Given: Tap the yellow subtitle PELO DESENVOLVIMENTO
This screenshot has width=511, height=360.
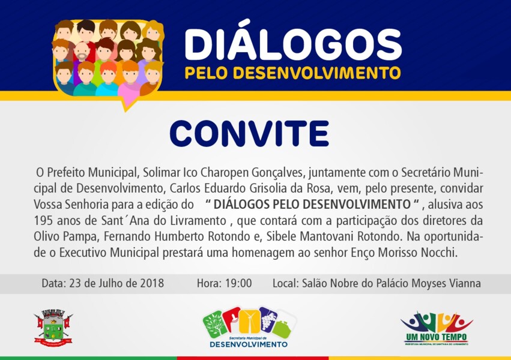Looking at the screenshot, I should click(x=292, y=73).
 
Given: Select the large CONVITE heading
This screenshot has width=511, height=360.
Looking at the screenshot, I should click(x=249, y=134).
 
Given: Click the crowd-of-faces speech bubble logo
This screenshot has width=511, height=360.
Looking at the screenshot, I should click(x=108, y=60).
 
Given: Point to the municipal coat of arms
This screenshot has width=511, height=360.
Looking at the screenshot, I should click(x=53, y=328).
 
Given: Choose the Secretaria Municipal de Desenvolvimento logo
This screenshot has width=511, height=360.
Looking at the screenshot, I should click(x=249, y=328).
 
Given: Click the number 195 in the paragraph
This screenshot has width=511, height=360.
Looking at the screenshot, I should click(x=43, y=220).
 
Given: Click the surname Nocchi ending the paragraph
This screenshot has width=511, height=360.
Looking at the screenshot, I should click(x=440, y=253).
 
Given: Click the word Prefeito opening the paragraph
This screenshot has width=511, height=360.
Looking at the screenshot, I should click(x=67, y=173).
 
